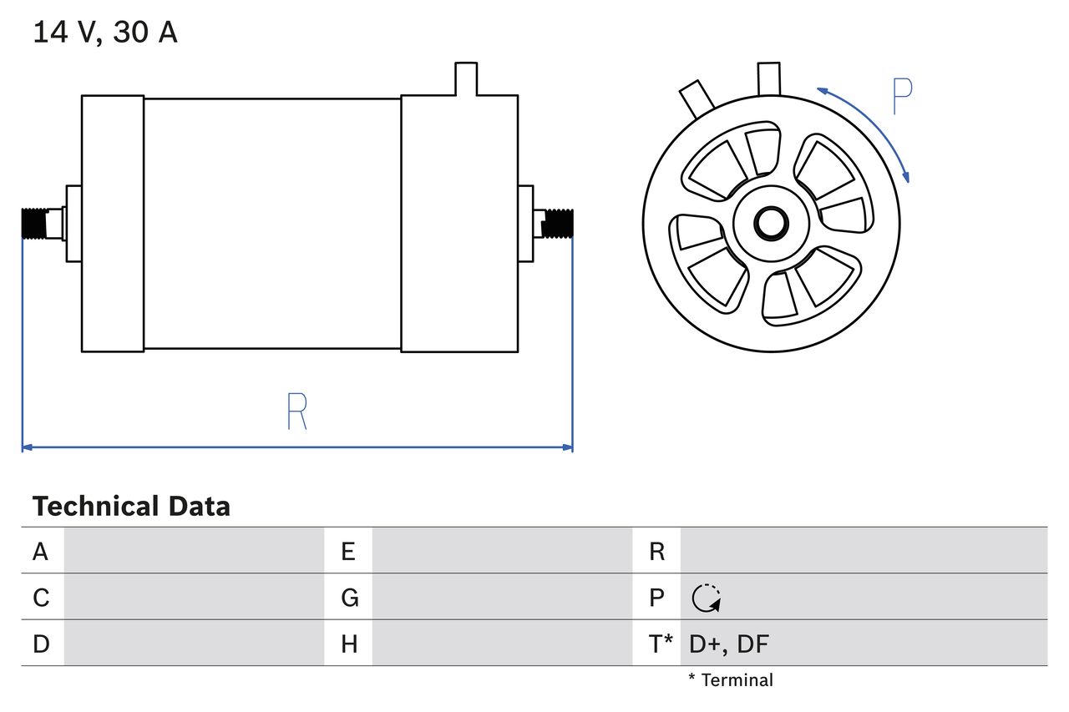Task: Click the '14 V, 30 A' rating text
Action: click(104, 33)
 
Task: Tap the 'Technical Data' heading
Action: click(131, 507)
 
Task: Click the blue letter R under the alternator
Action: click(296, 410)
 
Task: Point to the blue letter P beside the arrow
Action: click(902, 97)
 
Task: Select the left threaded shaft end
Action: click(34, 224)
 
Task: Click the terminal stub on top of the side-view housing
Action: click(465, 78)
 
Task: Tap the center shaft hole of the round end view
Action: click(771, 222)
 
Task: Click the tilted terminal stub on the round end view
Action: click(697, 99)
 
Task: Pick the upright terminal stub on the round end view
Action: click(768, 78)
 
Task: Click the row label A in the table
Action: click(41, 551)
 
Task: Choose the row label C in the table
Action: click(41, 598)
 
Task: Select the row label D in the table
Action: click(41, 644)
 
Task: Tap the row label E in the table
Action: click(348, 551)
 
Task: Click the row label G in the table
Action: click(349, 598)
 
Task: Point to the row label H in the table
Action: click(349, 644)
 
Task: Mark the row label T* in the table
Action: click(660, 644)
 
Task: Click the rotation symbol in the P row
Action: click(706, 598)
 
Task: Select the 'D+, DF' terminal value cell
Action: click(729, 644)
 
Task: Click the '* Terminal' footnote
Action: click(731, 680)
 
